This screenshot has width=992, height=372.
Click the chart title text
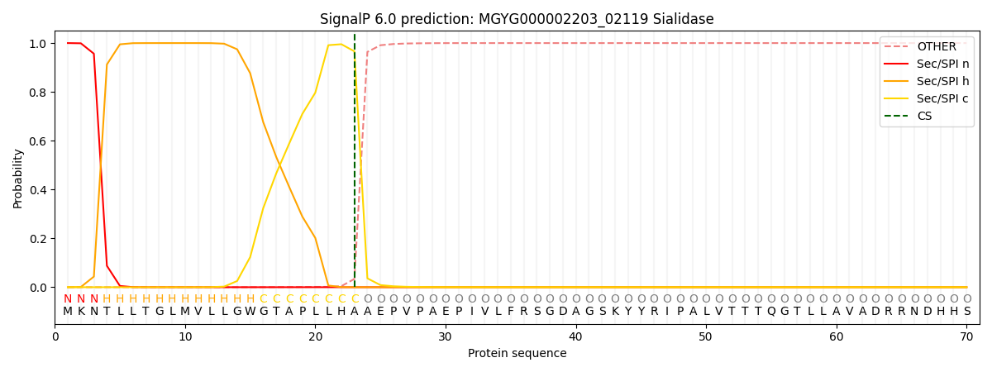(517, 19)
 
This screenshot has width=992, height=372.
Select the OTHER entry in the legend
(936, 47)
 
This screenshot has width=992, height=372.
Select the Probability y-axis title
(18, 178)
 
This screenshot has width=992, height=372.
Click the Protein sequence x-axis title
(517, 354)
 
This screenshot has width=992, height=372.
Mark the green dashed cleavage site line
(355, 165)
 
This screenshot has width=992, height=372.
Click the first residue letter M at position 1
(68, 312)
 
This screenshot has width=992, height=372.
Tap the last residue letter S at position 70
(966, 312)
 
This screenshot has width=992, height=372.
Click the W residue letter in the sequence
(250, 312)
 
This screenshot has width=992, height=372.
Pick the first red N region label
(68, 299)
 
